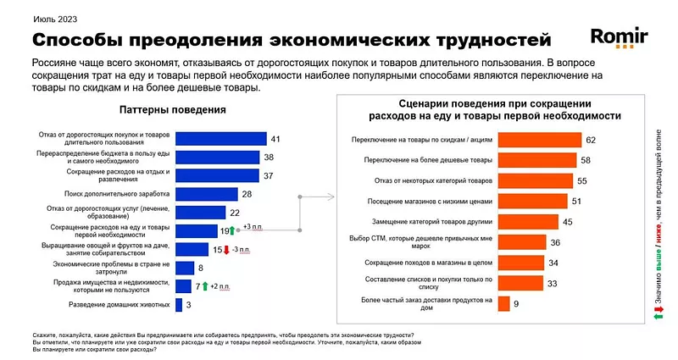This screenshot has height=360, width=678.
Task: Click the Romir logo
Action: [x=619, y=38]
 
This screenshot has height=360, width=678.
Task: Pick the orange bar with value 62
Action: [x=539, y=140]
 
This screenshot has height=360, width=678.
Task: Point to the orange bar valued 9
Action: [x=503, y=302]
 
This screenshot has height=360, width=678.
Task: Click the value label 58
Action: [x=586, y=160]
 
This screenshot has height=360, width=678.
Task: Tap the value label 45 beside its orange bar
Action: [x=568, y=222]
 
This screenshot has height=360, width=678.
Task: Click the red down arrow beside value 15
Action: [x=227, y=250]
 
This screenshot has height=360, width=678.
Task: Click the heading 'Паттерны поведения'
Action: [x=173, y=109]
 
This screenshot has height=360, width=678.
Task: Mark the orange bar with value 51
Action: [x=532, y=201]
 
